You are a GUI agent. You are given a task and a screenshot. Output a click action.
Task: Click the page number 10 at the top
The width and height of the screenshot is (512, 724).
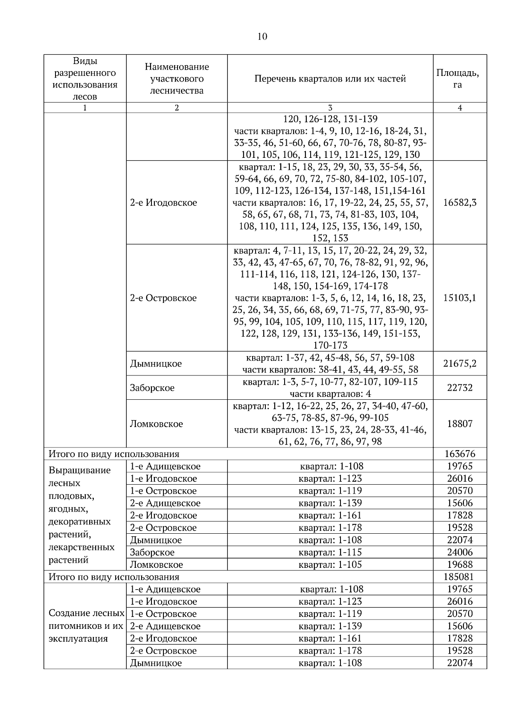pyautogui.click(x=262, y=37)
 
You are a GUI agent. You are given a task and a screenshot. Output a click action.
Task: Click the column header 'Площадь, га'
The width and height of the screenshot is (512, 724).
pyautogui.click(x=457, y=79)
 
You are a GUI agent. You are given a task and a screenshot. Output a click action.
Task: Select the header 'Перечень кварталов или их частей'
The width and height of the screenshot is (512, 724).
pyautogui.click(x=330, y=79)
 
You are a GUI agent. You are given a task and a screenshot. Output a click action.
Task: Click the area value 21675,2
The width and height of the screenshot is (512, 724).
pyautogui.click(x=460, y=363)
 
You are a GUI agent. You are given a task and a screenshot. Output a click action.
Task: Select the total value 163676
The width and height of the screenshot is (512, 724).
pyautogui.click(x=460, y=454)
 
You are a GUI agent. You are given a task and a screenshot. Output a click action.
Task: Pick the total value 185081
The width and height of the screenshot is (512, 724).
pyautogui.click(x=460, y=577)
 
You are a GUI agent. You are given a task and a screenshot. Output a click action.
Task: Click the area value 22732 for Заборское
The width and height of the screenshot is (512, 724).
pyautogui.click(x=460, y=388)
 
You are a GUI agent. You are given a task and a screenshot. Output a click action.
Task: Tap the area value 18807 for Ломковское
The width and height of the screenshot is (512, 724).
pyautogui.click(x=460, y=424)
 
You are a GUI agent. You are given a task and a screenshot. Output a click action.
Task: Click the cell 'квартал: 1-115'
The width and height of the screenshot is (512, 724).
pyautogui.click(x=330, y=552)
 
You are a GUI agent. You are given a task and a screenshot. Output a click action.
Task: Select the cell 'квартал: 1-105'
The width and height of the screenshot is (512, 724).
pyautogui.click(x=330, y=564)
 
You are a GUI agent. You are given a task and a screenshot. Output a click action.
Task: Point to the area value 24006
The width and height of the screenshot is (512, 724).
pyautogui.click(x=460, y=552)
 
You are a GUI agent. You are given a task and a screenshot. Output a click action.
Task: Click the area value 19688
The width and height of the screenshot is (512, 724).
pyautogui.click(x=460, y=564)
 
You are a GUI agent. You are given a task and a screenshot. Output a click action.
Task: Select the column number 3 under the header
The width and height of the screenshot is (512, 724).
pyautogui.click(x=330, y=108)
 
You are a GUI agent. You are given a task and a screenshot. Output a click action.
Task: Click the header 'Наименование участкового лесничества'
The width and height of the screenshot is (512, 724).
pyautogui.click(x=177, y=79)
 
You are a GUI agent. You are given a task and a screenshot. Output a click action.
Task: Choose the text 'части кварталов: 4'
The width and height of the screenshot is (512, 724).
pyautogui.click(x=330, y=393)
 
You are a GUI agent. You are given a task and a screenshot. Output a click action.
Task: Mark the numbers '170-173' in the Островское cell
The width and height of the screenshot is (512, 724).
pyautogui.click(x=330, y=345)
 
